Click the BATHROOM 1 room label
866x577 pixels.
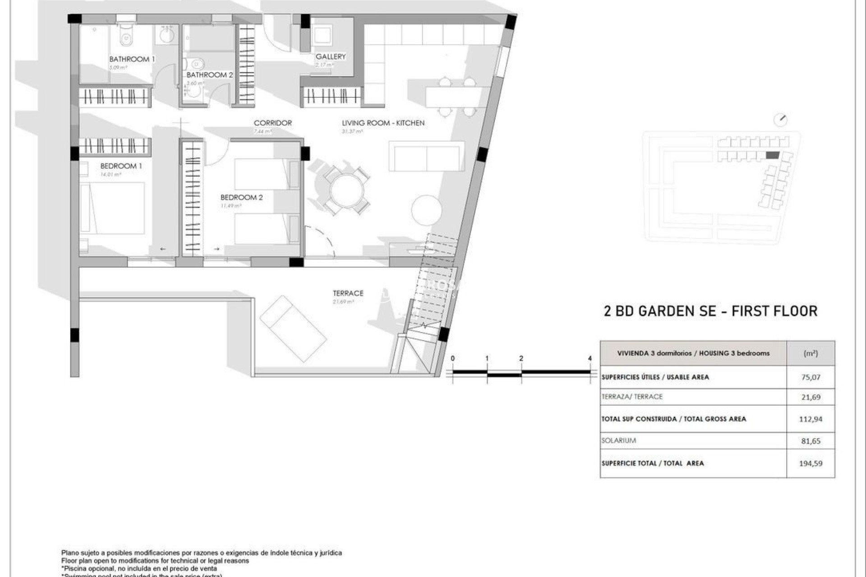point(132,59)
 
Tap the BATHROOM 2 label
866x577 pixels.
point(210,75)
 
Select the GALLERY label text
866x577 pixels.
point(331,56)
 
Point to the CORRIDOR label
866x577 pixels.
point(272,123)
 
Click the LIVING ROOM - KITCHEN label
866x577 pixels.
point(383,123)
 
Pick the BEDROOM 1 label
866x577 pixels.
point(121,166)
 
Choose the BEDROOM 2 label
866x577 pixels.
point(241,197)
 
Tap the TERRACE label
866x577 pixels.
point(348,293)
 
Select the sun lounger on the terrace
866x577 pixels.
point(293,329)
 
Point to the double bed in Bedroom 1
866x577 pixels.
point(113,208)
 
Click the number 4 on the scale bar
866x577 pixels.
point(590,358)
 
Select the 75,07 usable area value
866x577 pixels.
point(811,377)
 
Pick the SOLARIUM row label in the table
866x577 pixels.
point(618,440)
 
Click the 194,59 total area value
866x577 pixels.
point(811,463)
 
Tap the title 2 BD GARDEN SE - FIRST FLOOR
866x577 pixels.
point(710,311)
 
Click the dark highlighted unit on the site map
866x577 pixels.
point(772,155)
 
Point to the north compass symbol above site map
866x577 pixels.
point(780,120)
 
